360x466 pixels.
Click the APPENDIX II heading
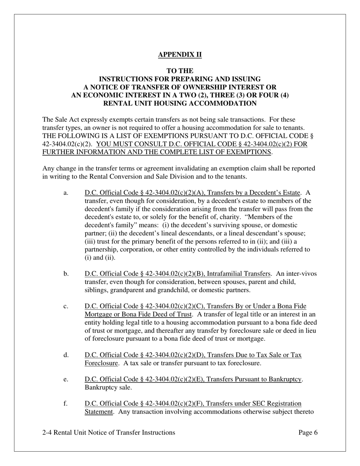click(x=180, y=55)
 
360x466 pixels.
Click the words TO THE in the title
click(x=180, y=71)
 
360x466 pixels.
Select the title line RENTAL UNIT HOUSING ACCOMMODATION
click(x=180, y=103)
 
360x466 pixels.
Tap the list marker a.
click(x=66, y=193)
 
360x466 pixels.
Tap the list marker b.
click(x=66, y=274)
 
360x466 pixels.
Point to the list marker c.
click(x=66, y=306)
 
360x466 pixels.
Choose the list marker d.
click(x=66, y=355)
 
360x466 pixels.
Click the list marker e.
click(x=66, y=379)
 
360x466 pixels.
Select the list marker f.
click(x=66, y=403)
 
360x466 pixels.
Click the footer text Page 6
click(x=308, y=433)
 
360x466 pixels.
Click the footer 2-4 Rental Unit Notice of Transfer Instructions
click(x=109, y=433)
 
